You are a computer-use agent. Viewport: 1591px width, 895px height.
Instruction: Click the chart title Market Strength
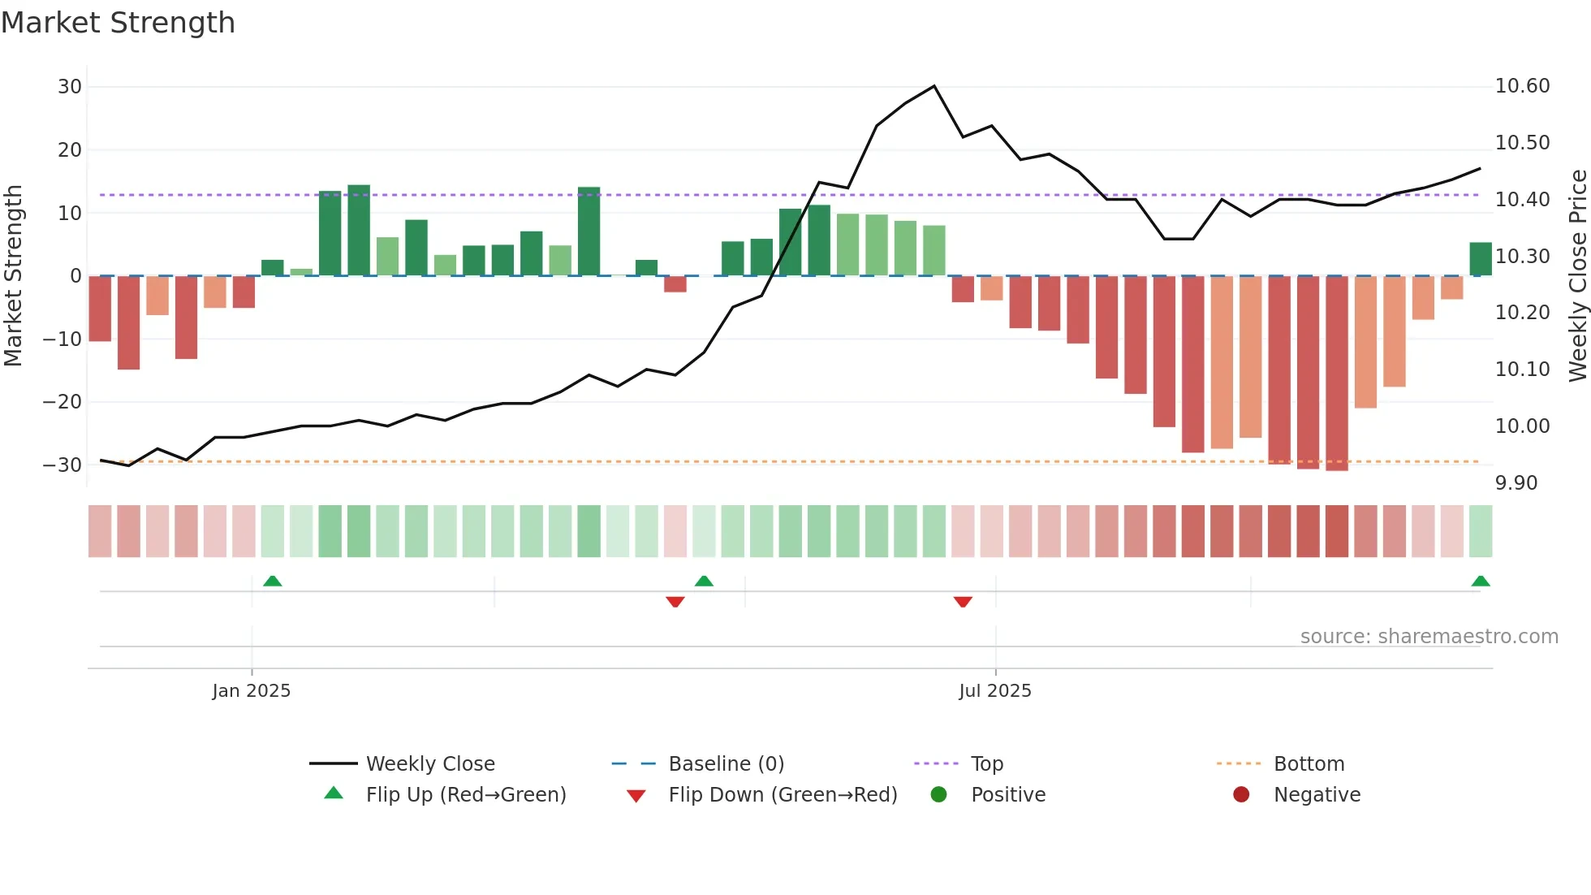(118, 23)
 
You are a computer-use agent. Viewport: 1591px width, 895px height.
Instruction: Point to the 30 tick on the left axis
(70, 87)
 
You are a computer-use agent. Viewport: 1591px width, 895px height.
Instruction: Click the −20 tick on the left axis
(63, 402)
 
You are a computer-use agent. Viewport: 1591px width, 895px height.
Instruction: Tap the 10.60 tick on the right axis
(1522, 86)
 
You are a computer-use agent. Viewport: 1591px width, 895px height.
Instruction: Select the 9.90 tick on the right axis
(1516, 483)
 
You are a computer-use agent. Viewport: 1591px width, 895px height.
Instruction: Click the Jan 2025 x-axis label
(252, 691)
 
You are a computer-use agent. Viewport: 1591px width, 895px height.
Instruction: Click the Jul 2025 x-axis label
(995, 691)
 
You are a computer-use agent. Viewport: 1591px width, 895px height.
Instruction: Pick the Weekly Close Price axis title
(1577, 275)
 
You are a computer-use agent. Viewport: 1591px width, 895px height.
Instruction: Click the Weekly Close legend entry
(429, 764)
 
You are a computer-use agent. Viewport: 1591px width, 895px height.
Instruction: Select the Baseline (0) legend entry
(726, 764)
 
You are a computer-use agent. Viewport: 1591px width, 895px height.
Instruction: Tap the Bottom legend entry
(1309, 764)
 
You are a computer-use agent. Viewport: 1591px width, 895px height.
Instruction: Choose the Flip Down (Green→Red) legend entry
(783, 795)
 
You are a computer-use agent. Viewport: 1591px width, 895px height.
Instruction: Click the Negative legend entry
(1317, 795)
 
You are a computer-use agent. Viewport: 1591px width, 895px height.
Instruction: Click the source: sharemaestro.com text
(1429, 637)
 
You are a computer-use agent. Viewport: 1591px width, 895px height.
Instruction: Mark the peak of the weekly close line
(934, 86)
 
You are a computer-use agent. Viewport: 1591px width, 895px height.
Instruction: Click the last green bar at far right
(1480, 259)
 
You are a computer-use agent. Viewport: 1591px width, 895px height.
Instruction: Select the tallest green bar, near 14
(359, 231)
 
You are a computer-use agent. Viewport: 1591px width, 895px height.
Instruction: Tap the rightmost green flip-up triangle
(1480, 582)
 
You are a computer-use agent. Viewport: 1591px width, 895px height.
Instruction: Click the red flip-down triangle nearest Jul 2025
(963, 602)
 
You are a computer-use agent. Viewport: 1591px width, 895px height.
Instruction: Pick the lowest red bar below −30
(1336, 374)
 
